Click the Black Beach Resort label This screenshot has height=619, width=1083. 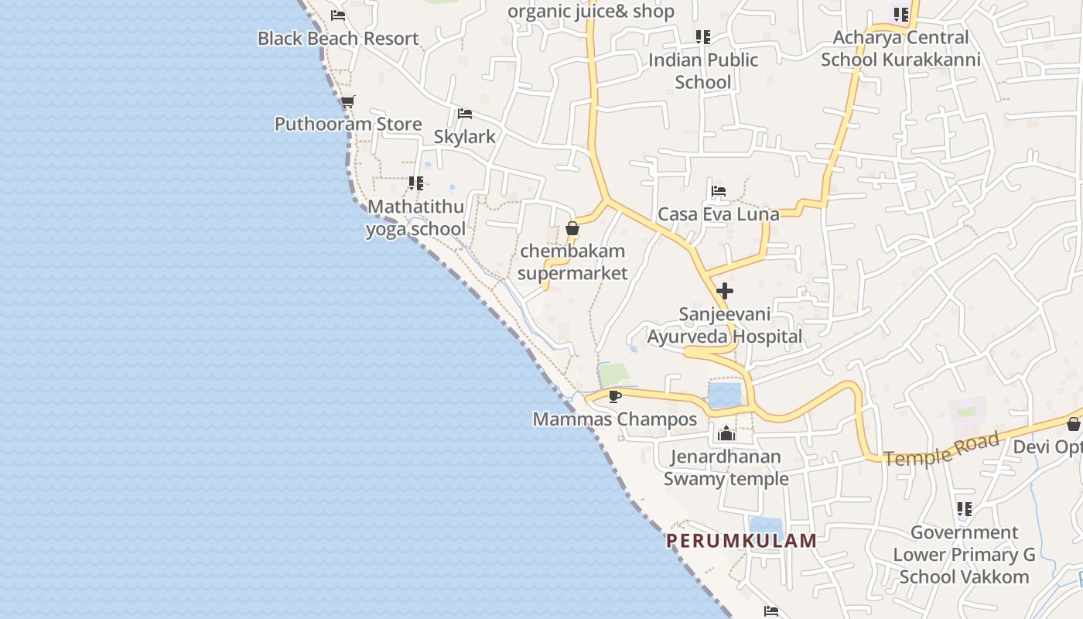[x=338, y=39]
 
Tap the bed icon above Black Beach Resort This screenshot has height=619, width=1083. [x=338, y=15]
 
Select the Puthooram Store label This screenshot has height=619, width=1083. [x=348, y=124]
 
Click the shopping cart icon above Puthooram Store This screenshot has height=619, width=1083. [x=347, y=101]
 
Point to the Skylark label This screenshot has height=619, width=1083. [x=464, y=137]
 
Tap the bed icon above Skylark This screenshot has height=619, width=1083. [x=464, y=114]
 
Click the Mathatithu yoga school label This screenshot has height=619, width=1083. [x=415, y=218]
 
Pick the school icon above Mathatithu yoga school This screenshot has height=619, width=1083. [x=416, y=183]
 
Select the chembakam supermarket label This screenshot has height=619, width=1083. [x=572, y=262]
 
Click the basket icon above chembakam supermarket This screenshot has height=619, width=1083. [x=572, y=228]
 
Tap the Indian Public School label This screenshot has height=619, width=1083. [x=702, y=71]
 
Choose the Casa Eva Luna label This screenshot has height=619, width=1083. [x=718, y=214]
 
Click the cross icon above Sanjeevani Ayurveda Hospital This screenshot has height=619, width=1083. [x=725, y=291]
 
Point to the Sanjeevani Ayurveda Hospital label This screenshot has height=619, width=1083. [x=725, y=326]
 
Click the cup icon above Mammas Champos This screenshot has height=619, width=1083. [x=615, y=397]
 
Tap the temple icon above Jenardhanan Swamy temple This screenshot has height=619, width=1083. [x=726, y=434]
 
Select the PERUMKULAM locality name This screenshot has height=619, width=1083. [x=742, y=541]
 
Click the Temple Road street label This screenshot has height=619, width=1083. [x=941, y=450]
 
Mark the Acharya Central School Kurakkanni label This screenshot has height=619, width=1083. [x=900, y=49]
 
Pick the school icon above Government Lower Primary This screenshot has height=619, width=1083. [x=964, y=509]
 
